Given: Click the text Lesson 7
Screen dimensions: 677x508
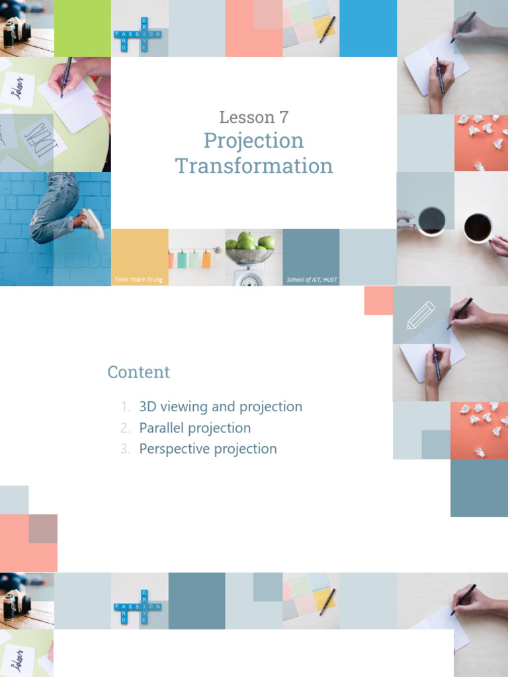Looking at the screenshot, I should click(x=254, y=118).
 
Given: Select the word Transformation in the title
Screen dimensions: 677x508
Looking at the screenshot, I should click(x=254, y=165).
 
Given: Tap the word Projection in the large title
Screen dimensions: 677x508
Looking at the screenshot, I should click(x=254, y=140).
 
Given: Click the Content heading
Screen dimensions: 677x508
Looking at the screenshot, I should click(x=139, y=372).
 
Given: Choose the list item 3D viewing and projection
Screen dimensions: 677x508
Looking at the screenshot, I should click(x=220, y=407).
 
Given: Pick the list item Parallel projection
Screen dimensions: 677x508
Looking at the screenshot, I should click(x=195, y=428).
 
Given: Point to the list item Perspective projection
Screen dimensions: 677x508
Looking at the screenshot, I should click(x=208, y=449).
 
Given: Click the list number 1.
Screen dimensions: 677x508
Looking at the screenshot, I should click(x=126, y=407).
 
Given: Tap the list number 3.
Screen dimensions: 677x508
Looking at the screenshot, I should click(x=126, y=449).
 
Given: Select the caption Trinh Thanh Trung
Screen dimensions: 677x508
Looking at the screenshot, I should click(x=138, y=280).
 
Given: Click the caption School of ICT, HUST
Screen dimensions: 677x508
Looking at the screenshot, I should click(x=312, y=280).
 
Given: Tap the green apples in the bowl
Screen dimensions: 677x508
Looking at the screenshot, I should click(x=249, y=243).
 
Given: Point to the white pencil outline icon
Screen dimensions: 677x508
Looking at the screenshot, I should click(x=421, y=315).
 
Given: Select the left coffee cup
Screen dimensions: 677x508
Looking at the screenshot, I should click(x=431, y=220).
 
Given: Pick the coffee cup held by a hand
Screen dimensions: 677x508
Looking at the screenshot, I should click(x=478, y=228).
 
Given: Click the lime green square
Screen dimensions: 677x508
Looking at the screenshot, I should click(x=82, y=28).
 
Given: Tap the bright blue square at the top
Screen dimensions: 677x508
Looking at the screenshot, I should click(x=368, y=28).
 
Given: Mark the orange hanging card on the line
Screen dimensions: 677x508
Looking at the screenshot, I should click(x=206, y=260).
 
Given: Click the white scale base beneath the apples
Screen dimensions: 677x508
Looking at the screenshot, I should click(x=249, y=276).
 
